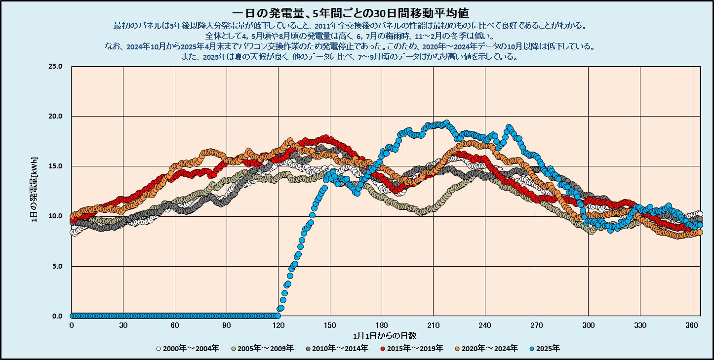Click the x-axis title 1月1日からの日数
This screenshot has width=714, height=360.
385,336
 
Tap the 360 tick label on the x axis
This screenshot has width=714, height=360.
692,325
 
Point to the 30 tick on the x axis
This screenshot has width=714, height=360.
123,325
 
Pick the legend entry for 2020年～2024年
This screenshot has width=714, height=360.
489,349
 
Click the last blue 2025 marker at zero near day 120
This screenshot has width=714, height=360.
278,316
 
